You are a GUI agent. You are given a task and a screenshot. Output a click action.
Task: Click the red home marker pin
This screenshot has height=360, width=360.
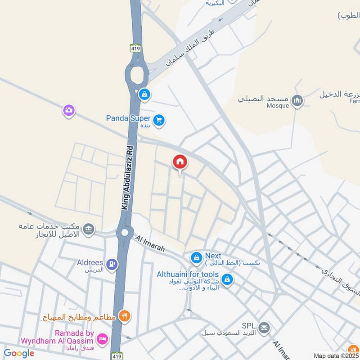pos(180,162)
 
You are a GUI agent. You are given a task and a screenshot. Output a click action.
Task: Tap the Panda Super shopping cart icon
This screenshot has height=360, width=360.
pos(158,120)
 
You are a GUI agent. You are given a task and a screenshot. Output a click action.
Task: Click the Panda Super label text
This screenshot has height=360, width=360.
pos(128,118)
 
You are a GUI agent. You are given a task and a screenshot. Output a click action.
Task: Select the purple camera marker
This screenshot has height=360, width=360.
pos(68,110)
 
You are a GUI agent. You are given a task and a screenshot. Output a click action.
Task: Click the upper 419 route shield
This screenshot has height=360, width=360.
pos(135,48)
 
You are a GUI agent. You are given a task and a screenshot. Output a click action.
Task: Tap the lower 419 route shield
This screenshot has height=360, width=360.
pos(116,355)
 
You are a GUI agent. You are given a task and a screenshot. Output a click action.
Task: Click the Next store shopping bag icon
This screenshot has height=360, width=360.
pos(196,258)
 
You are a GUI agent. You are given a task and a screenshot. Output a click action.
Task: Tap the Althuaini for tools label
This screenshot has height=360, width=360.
pos(188,274)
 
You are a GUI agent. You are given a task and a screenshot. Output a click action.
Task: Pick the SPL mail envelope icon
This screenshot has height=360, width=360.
pos(264,328)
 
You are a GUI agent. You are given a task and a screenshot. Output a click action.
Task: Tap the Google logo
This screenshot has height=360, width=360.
pos(19,353)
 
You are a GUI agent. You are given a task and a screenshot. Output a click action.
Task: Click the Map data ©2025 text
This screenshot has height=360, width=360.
pos(336,356)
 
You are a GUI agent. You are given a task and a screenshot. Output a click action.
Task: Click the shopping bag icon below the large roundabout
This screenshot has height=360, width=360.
pos(144,94)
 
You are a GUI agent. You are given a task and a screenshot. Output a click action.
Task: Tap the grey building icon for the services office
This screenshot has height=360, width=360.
pos(89,229)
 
